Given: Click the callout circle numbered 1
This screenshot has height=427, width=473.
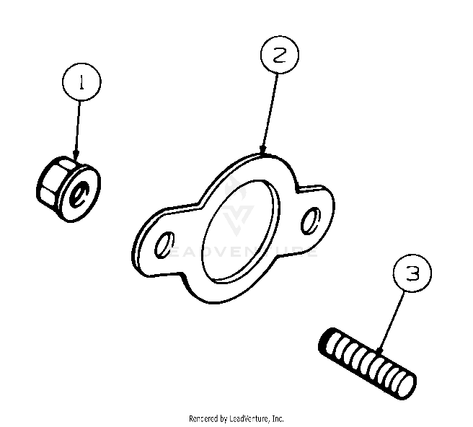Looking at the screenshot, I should tap(81, 84).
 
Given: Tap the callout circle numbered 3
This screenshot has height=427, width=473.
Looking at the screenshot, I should tap(412, 275).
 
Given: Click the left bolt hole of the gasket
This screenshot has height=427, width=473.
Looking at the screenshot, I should tap(164, 245).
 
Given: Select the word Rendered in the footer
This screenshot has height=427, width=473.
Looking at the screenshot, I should tap(205, 418).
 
